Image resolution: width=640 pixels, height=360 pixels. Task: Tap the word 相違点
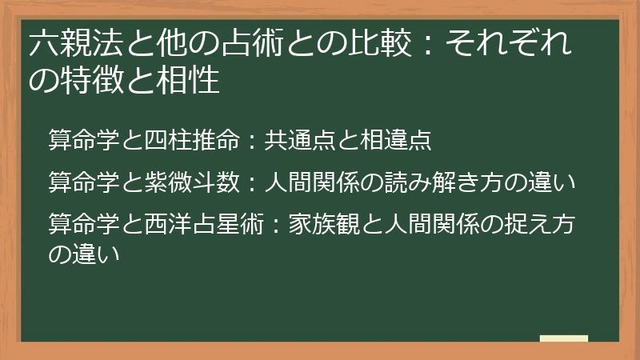click(x=397, y=141)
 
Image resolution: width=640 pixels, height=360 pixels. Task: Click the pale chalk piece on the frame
click(x=563, y=338)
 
